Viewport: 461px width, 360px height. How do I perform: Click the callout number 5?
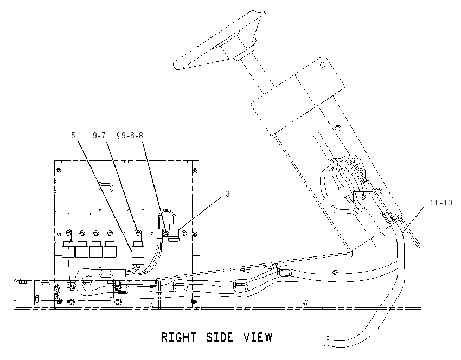point(73,135)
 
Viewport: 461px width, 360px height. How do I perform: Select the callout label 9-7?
point(99,135)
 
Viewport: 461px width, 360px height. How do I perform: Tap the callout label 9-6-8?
point(132,135)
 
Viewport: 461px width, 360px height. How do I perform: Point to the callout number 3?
point(228,194)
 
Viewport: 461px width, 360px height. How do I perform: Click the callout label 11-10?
point(441,203)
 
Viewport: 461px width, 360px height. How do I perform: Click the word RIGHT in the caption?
point(178,337)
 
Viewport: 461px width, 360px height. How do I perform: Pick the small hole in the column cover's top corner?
point(323,65)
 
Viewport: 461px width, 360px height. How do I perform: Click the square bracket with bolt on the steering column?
point(363,197)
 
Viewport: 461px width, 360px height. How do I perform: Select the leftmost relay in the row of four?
point(68,243)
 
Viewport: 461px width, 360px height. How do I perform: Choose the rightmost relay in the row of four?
point(110,243)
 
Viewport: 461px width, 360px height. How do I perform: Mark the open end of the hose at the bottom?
point(327,341)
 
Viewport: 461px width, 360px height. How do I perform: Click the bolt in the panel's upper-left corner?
point(59,170)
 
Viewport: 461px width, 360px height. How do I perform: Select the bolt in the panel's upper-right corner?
point(194,170)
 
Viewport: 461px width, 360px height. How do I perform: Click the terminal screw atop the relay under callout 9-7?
point(138,233)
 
